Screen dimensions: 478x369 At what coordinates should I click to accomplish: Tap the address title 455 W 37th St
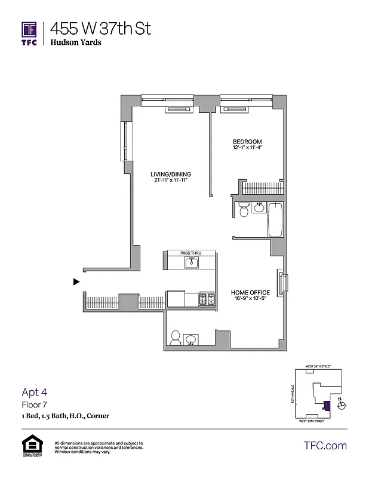pos(100,28)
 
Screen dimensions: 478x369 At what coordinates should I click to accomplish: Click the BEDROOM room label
pos(247,142)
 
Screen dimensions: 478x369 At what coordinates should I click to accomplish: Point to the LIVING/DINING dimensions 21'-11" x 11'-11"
pos(170,180)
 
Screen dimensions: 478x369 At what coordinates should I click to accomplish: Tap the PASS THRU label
pos(190,253)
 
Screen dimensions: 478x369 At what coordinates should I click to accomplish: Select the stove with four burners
pos(206,299)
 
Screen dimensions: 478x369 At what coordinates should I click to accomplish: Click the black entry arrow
pos(76,282)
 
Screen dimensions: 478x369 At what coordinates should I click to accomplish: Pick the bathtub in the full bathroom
pos(276,220)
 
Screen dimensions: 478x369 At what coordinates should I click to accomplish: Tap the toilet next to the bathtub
pos(243,210)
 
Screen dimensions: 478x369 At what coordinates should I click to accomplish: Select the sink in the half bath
pos(191,339)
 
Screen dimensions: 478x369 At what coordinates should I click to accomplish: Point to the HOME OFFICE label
pos(250,293)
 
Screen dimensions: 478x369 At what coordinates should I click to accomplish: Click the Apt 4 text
pos(33,393)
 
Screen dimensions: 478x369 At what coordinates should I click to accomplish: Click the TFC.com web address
pos(325,446)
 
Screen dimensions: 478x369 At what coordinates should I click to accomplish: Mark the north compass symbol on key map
pos(340,405)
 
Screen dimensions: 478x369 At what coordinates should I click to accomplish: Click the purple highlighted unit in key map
pos(326,406)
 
